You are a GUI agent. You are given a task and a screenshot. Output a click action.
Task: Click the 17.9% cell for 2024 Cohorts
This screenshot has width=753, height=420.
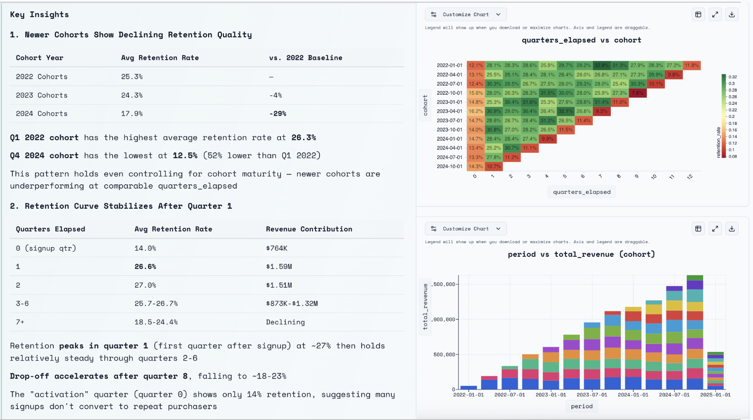pos(132,114)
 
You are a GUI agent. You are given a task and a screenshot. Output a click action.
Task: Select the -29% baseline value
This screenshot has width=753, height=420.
pos(277,114)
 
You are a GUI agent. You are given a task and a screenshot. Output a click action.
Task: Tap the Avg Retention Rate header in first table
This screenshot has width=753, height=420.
pos(160,58)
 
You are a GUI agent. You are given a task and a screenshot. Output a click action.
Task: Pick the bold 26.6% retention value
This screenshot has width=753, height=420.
pos(145,266)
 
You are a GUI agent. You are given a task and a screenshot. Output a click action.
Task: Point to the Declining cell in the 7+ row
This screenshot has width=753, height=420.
pos(285,322)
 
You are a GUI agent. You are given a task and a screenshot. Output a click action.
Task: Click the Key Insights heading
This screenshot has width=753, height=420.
pos(39,14)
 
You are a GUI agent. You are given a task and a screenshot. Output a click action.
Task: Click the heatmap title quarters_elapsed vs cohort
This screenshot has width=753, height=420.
pos(581,40)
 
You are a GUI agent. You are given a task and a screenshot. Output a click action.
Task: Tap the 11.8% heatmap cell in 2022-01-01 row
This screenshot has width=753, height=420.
pos(691,65)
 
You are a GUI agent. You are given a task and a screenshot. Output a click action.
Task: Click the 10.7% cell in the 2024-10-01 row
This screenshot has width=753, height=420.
pos(493,166)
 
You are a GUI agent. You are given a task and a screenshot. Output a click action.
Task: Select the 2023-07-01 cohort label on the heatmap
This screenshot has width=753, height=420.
pos(449,120)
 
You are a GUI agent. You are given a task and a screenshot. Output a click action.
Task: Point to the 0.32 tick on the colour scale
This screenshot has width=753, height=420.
pos(732,77)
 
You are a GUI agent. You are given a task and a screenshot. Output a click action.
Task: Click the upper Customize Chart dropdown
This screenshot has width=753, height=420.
pos(465,14)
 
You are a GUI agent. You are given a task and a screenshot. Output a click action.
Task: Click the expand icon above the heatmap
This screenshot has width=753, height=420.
pos(715,14)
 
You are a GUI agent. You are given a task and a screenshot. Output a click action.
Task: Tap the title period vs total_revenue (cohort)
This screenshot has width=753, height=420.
pos(581,254)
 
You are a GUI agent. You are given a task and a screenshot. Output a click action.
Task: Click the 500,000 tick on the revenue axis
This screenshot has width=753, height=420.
pos(444,355)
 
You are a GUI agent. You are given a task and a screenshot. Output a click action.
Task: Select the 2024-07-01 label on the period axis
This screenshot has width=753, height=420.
pos(674,395)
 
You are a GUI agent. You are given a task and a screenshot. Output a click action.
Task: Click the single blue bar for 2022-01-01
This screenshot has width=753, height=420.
pos(469,387)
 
